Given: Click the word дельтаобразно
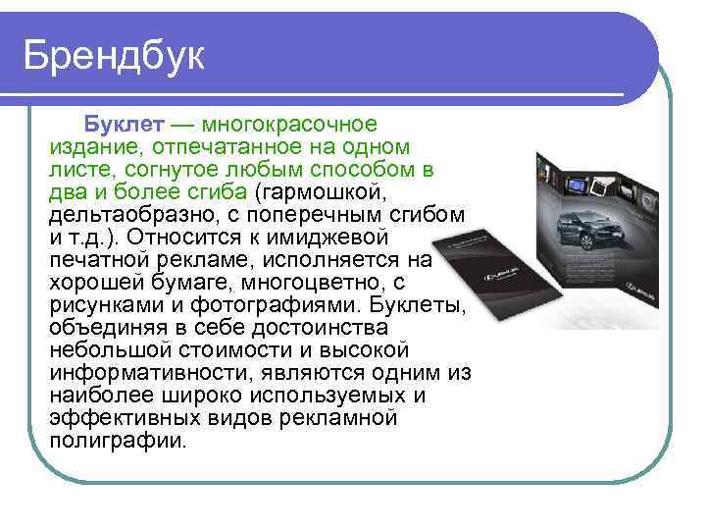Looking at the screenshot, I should (x=124, y=213).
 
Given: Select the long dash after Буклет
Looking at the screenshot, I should (x=182, y=126).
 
